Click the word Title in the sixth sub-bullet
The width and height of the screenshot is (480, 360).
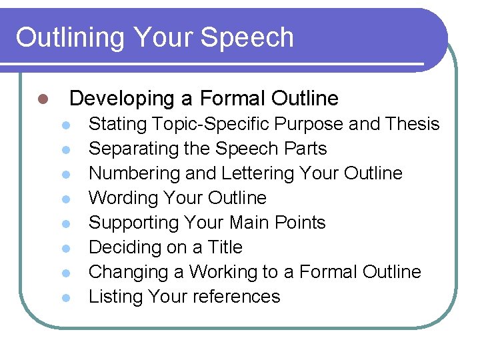point(225,247)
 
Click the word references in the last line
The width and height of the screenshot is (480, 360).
point(240,297)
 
